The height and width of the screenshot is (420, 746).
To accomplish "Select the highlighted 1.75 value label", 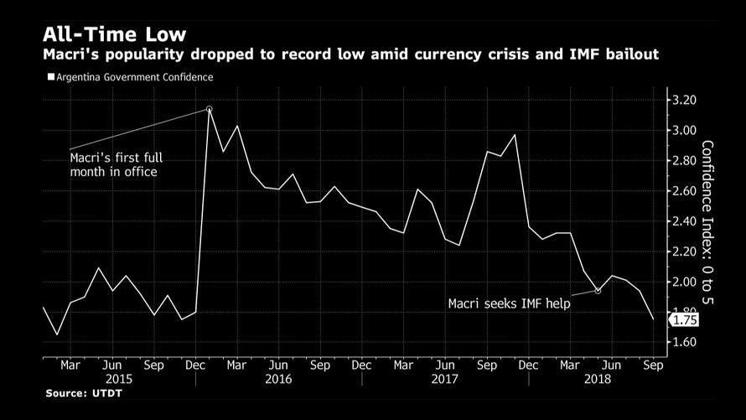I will pyautogui.click(x=685, y=319).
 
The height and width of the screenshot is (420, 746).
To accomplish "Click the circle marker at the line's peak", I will pyautogui.click(x=209, y=109).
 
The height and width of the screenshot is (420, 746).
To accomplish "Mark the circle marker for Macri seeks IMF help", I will pyautogui.click(x=597, y=291).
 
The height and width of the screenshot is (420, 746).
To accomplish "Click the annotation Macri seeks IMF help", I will pyautogui.click(x=509, y=303).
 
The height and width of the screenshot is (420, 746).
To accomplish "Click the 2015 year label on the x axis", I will pyautogui.click(x=111, y=379).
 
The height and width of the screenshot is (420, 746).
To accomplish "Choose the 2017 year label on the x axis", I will pyautogui.click(x=444, y=379).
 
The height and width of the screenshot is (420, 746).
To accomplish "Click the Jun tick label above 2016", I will pyautogui.click(x=278, y=366).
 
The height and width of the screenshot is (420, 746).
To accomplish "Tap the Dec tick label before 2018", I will pyautogui.click(x=528, y=366).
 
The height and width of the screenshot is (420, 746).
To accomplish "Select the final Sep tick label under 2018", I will pyautogui.click(x=653, y=366).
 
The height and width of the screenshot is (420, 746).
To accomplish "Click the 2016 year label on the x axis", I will pyautogui.click(x=278, y=379).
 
